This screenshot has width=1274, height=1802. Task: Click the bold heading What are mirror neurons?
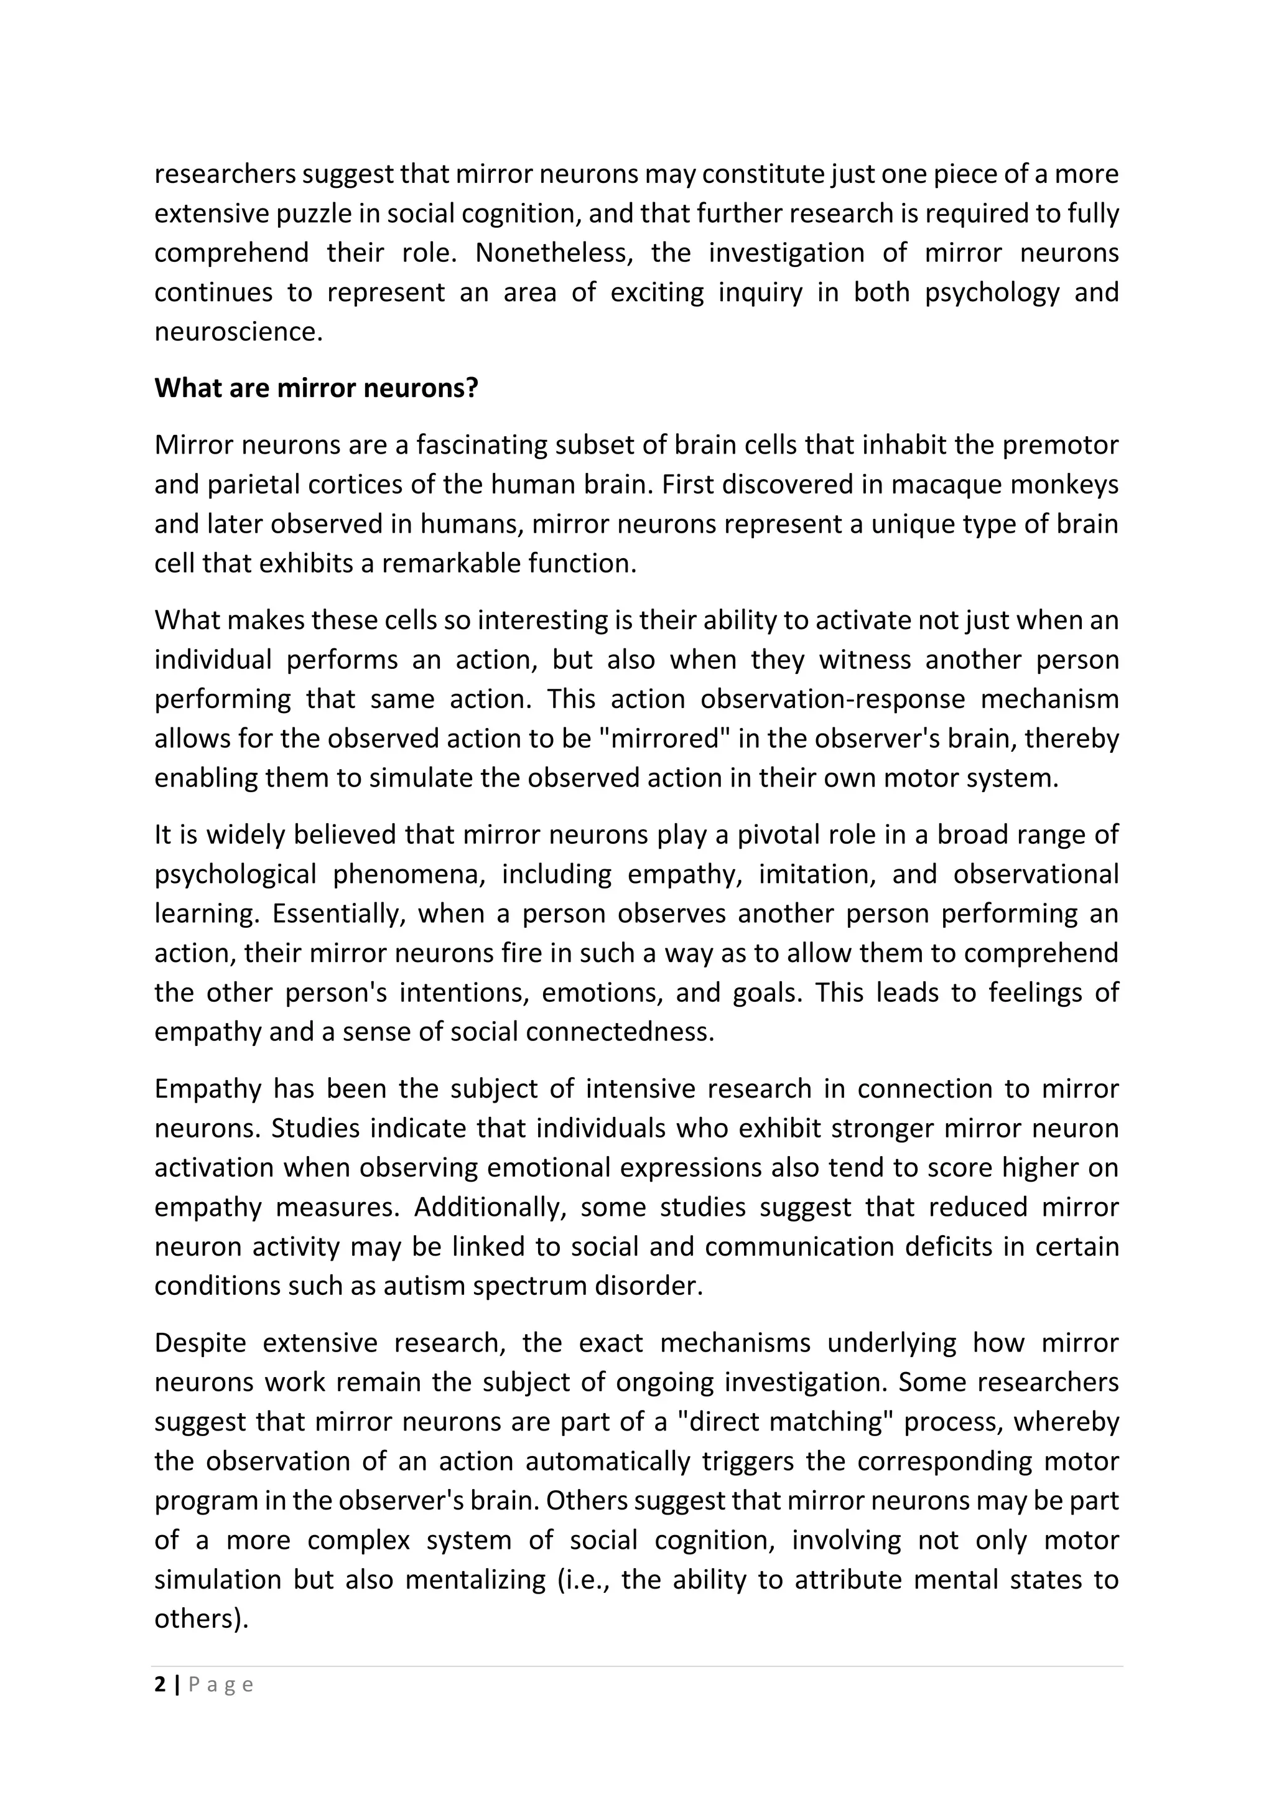316,388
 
